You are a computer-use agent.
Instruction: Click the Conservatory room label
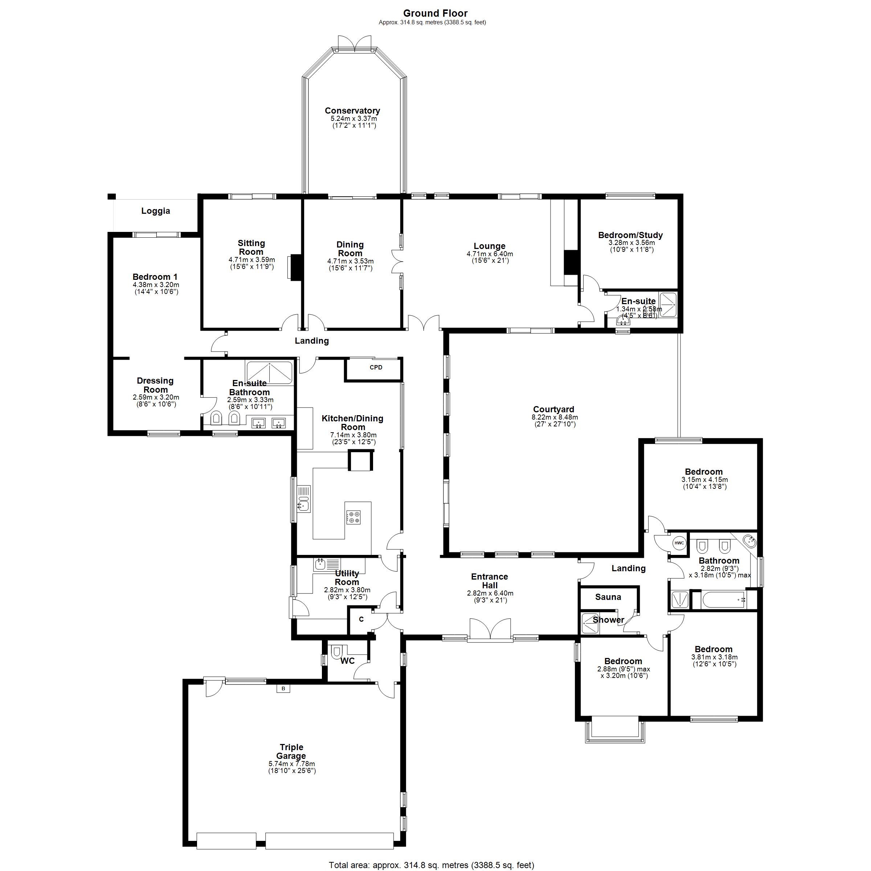[x=352, y=110]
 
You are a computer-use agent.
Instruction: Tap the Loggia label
[x=156, y=211]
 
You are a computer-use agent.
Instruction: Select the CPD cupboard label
[x=376, y=367]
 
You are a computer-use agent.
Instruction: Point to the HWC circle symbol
[x=679, y=543]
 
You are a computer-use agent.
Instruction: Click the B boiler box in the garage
[x=283, y=688]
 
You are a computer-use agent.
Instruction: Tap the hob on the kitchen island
[x=353, y=517]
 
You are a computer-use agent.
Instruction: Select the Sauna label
[x=608, y=597]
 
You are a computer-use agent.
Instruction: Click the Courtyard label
[x=553, y=409]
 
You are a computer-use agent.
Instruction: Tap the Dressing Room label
[x=155, y=385]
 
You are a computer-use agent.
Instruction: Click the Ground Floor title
[x=435, y=13]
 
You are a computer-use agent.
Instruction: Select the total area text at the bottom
[x=432, y=865]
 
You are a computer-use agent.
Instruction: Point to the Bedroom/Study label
[x=630, y=235]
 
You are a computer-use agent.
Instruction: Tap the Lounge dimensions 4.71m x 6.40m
[x=490, y=254]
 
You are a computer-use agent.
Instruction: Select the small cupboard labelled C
[x=361, y=619]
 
